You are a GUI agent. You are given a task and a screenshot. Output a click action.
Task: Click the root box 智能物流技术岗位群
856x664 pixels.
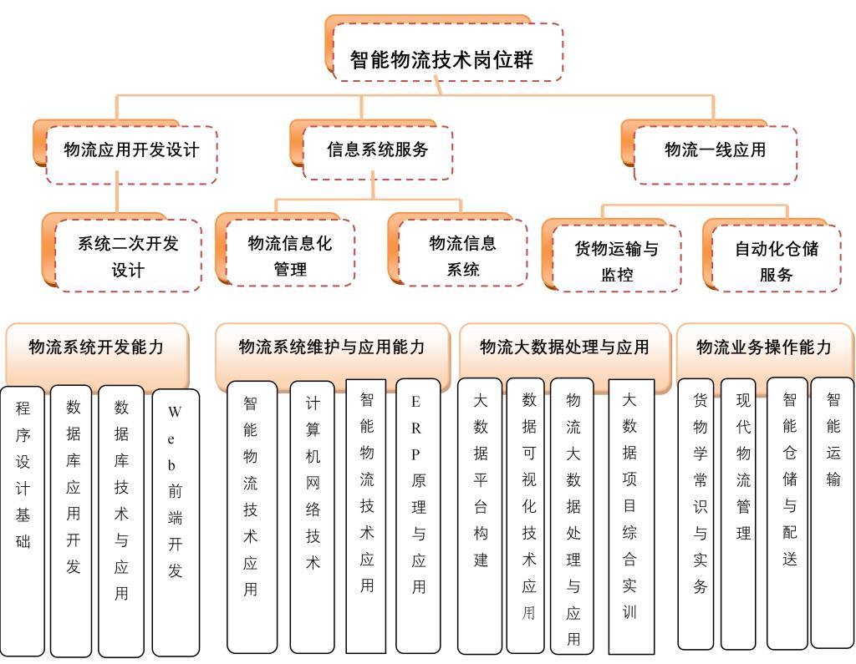click(x=443, y=58)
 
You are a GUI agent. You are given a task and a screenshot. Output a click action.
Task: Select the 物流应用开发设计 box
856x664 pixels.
click(x=131, y=151)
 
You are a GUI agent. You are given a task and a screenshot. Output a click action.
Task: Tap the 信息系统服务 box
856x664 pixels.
click(x=377, y=150)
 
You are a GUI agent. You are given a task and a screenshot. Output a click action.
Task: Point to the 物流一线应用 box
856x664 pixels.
click(x=715, y=151)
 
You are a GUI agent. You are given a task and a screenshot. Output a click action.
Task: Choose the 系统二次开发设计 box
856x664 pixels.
click(x=128, y=256)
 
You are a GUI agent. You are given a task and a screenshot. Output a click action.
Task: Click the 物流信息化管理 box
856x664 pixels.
click(x=290, y=256)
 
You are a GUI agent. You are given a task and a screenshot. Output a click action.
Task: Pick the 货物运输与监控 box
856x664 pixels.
click(x=616, y=261)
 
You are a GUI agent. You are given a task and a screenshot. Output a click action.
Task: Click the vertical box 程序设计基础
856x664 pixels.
click(x=23, y=518)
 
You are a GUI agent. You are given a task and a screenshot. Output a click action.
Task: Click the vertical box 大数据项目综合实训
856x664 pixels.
click(x=630, y=518)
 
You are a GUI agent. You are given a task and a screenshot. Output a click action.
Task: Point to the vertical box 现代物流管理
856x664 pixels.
click(x=743, y=513)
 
